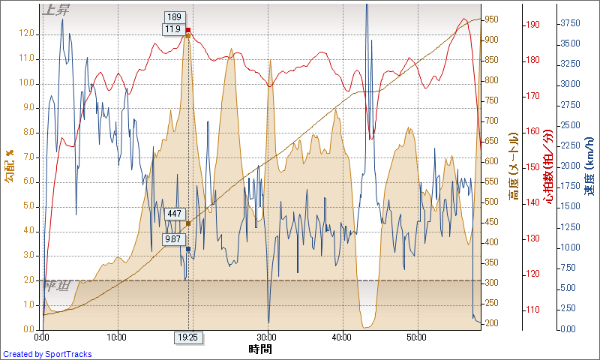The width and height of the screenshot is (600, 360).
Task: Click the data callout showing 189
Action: tap(174, 17)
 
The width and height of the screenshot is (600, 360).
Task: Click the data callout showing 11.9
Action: tap(173, 30)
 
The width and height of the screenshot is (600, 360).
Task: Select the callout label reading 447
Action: tap(174, 214)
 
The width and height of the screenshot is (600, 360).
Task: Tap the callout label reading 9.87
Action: tap(174, 239)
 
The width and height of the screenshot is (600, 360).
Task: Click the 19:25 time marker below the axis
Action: tap(187, 337)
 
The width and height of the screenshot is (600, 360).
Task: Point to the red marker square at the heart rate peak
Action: tap(188, 31)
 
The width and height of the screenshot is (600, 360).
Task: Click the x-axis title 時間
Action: tap(260, 349)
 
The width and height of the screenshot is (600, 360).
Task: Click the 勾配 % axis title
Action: tap(10, 166)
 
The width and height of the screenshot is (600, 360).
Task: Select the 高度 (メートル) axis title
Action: tap(514, 166)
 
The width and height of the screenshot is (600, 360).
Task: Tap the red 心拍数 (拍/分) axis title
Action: tap(550, 166)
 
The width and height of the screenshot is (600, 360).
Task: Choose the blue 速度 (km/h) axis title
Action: tap(589, 166)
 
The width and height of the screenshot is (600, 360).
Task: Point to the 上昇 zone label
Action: tap(58, 10)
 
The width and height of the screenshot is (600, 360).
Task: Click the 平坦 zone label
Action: tap(57, 286)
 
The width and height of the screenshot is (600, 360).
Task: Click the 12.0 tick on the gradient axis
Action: tap(26, 34)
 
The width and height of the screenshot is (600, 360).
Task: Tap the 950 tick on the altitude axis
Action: tap(493, 19)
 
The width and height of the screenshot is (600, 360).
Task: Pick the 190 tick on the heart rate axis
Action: tap(532, 25)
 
